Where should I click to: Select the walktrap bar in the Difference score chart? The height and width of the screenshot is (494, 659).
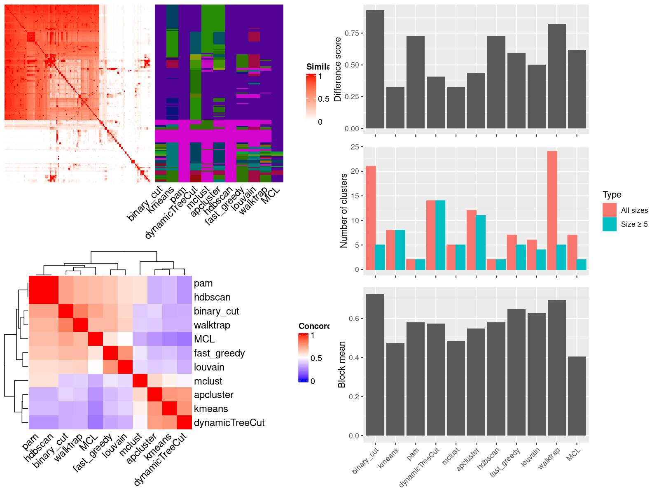556,76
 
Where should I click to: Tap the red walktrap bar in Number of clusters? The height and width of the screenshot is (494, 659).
552,210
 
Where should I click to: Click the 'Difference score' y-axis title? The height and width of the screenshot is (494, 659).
338,69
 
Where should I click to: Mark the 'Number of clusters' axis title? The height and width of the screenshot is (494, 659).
344,210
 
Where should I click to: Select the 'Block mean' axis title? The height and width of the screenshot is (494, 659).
341,364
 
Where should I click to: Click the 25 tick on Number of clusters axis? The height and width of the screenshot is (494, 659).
354,147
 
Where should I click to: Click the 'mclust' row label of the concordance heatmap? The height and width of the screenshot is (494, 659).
208,381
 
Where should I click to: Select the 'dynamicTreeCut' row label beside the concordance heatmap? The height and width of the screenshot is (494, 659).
229,423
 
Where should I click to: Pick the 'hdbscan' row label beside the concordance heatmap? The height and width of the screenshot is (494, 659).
212,297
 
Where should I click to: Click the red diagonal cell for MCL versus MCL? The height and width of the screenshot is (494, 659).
96,339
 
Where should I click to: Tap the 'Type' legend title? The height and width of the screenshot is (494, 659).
612,195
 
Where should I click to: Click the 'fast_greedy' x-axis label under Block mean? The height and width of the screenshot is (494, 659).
506,462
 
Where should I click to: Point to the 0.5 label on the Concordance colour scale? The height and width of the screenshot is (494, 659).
316,358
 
